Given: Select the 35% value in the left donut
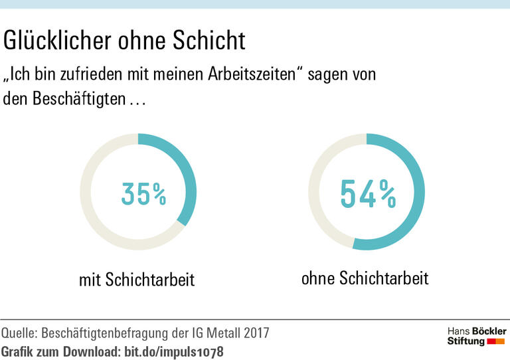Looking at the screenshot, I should click(143, 193).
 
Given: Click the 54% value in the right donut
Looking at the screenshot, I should click(368, 193).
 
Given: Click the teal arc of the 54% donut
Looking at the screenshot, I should click(416, 199).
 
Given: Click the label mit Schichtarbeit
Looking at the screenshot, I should click(137, 280).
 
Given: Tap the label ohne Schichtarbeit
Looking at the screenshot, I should click(365, 278).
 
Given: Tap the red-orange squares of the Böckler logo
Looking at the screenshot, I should click(496, 341).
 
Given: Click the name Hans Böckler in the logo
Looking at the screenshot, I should click(476, 331).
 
